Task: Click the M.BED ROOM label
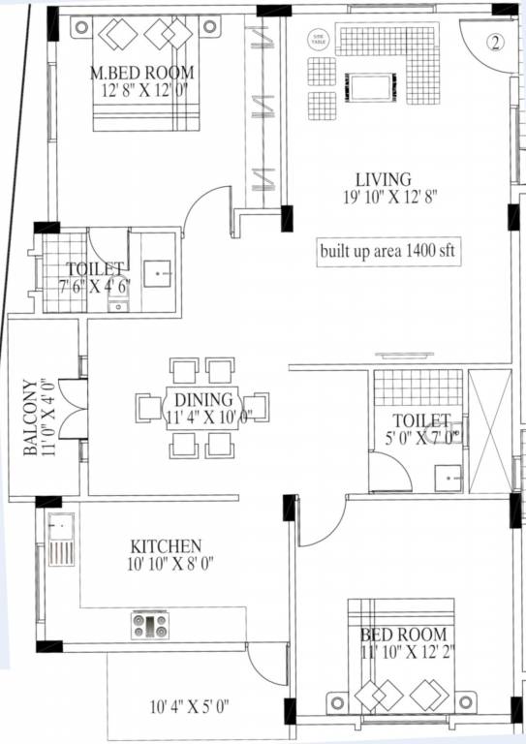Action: (x=141, y=73)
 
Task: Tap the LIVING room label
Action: (x=384, y=179)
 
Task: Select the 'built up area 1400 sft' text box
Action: (x=388, y=251)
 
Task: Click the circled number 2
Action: (x=495, y=43)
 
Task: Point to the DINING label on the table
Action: (x=203, y=399)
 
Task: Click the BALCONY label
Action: (x=32, y=418)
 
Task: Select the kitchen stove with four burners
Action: (x=150, y=625)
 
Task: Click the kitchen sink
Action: (x=60, y=544)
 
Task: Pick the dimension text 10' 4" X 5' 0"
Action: (x=189, y=706)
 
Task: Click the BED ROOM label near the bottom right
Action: (x=402, y=635)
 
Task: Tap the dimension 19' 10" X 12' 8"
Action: (x=384, y=197)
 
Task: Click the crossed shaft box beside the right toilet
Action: (x=488, y=431)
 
